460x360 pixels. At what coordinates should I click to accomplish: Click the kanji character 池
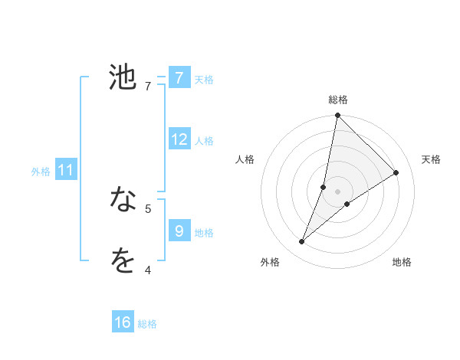[123, 77]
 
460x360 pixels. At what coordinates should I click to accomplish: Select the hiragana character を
[123, 262]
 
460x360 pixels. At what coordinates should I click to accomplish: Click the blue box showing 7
[179, 77]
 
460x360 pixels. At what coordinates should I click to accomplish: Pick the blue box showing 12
[179, 139]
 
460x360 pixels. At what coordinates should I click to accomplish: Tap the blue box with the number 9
[179, 231]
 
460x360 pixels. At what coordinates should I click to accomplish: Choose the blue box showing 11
[65, 170]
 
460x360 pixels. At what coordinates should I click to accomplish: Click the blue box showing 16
[123, 322]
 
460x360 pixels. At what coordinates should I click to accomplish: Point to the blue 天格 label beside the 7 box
[204, 79]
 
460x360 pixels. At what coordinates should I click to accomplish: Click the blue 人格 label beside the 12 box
[204, 140]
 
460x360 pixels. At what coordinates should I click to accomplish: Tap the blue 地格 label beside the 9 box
[204, 232]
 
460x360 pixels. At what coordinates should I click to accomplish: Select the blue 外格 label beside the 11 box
[41, 172]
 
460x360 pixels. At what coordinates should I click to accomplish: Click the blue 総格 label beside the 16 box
[147, 324]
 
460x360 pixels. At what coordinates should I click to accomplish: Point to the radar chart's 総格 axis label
[338, 99]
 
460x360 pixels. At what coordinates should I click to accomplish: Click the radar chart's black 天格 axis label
[432, 159]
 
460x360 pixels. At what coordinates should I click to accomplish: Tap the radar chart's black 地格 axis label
[402, 262]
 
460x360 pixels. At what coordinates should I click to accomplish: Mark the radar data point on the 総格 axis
[337, 116]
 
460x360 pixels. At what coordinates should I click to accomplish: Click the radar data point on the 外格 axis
[302, 242]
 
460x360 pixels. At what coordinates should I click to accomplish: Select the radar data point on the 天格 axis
[396, 173]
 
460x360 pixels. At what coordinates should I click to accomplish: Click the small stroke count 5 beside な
[148, 208]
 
